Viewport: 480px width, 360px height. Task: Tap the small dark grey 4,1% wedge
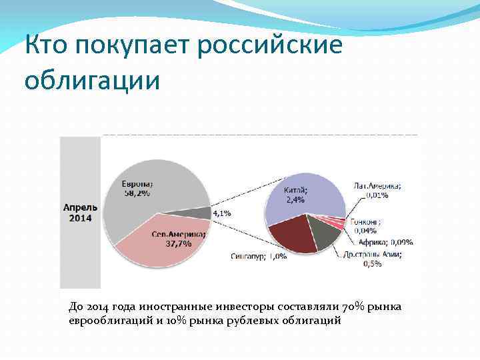[200, 213]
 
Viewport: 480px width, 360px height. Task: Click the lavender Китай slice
[300, 193]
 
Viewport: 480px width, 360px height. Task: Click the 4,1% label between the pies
[221, 213]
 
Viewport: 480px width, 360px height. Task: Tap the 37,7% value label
[178, 243]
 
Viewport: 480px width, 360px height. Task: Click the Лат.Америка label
[377, 186]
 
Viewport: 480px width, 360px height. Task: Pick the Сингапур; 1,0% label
[259, 256]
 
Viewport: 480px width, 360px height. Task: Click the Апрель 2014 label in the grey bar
[80, 213]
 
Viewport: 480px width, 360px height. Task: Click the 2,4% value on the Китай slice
[295, 199]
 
